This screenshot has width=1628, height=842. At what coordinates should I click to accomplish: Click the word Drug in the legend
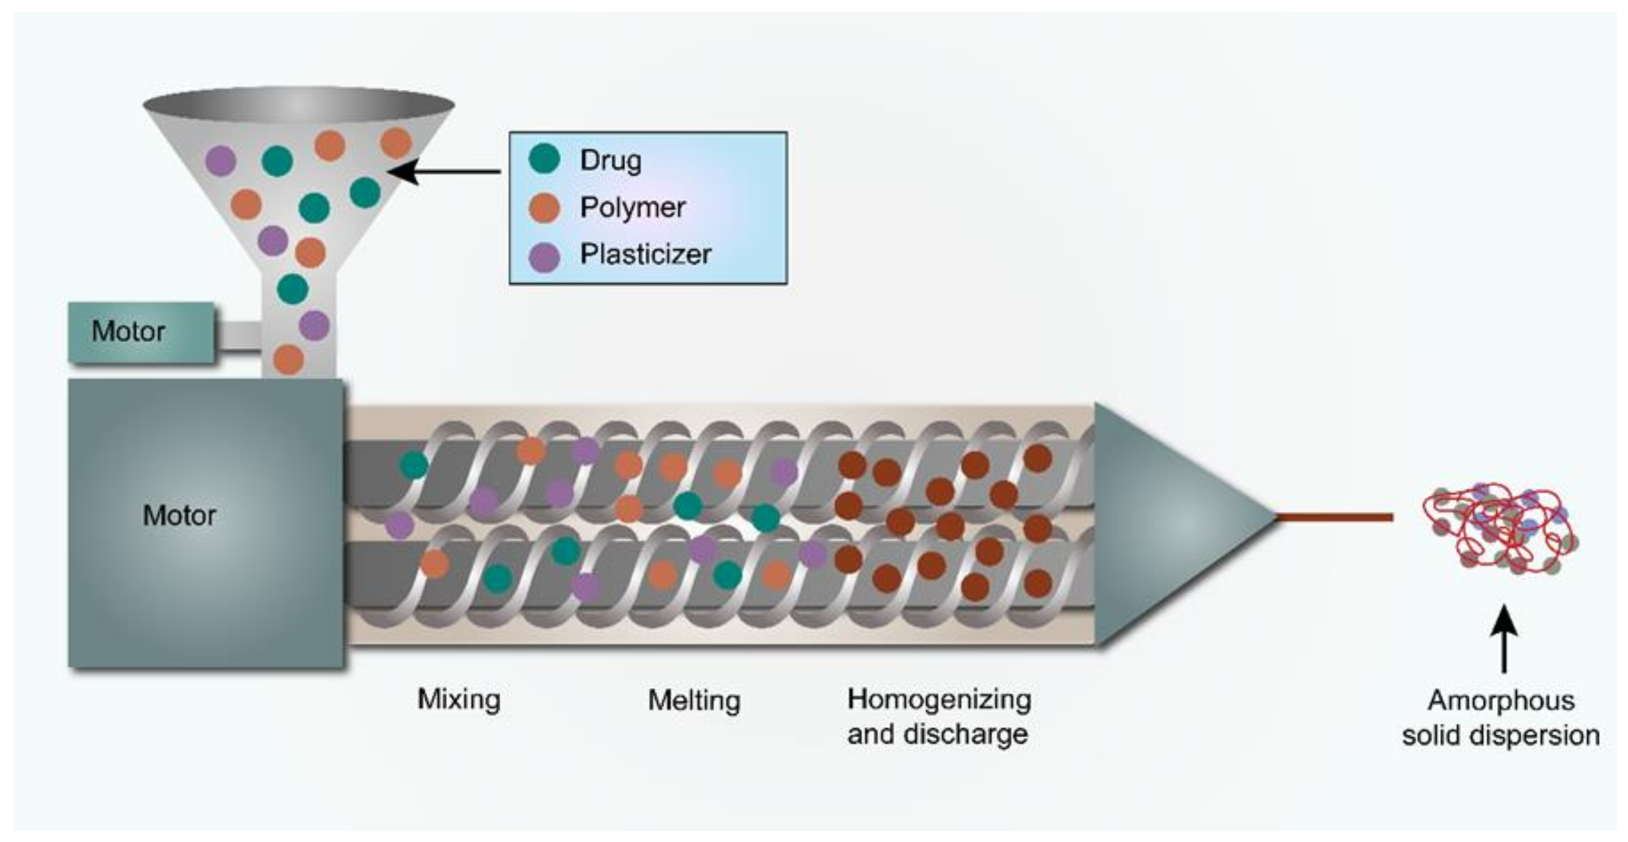(611, 161)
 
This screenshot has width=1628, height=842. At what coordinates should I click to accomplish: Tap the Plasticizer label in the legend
(645, 255)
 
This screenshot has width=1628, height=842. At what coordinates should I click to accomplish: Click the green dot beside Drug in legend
(544, 158)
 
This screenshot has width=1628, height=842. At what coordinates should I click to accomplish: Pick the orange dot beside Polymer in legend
(544, 208)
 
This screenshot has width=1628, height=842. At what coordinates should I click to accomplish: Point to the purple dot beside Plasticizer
(544, 256)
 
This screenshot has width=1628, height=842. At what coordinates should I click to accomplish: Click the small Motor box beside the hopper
(141, 332)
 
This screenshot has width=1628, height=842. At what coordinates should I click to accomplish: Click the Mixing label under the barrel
(459, 700)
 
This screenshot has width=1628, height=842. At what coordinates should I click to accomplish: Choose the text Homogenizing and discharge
(939, 717)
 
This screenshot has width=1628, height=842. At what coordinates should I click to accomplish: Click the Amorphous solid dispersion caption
(1500, 718)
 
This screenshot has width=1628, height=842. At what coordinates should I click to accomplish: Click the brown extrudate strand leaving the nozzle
(1334, 517)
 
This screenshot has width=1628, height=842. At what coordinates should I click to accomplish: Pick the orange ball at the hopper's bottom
(288, 359)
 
